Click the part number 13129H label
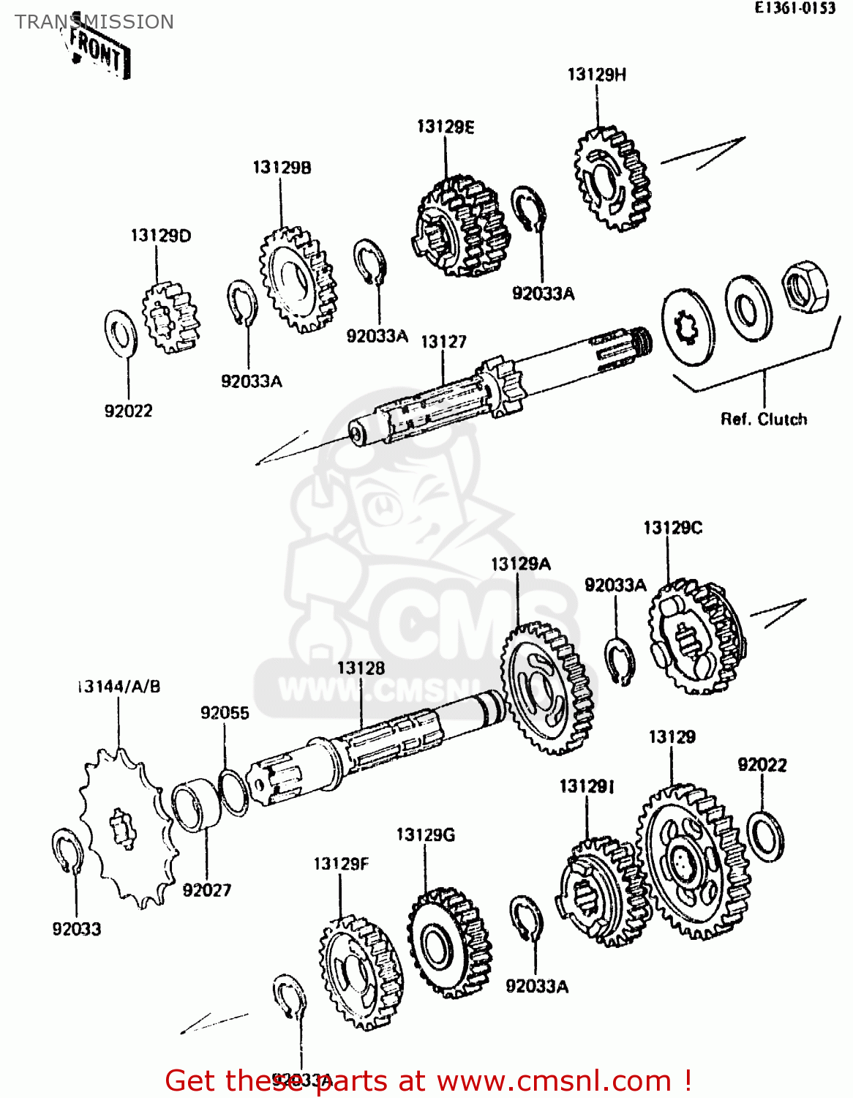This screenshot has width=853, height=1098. (x=596, y=75)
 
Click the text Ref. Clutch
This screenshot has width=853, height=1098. (x=764, y=419)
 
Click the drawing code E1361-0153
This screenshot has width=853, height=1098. (x=795, y=8)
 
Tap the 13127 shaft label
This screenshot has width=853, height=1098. (x=443, y=342)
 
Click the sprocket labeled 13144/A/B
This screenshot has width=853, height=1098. (x=125, y=828)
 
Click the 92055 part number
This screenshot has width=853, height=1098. (x=225, y=713)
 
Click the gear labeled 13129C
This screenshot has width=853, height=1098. (x=696, y=638)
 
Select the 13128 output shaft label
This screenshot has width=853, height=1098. (x=361, y=668)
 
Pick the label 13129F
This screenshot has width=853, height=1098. (x=341, y=864)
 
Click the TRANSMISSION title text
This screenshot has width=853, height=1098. (x=94, y=22)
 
